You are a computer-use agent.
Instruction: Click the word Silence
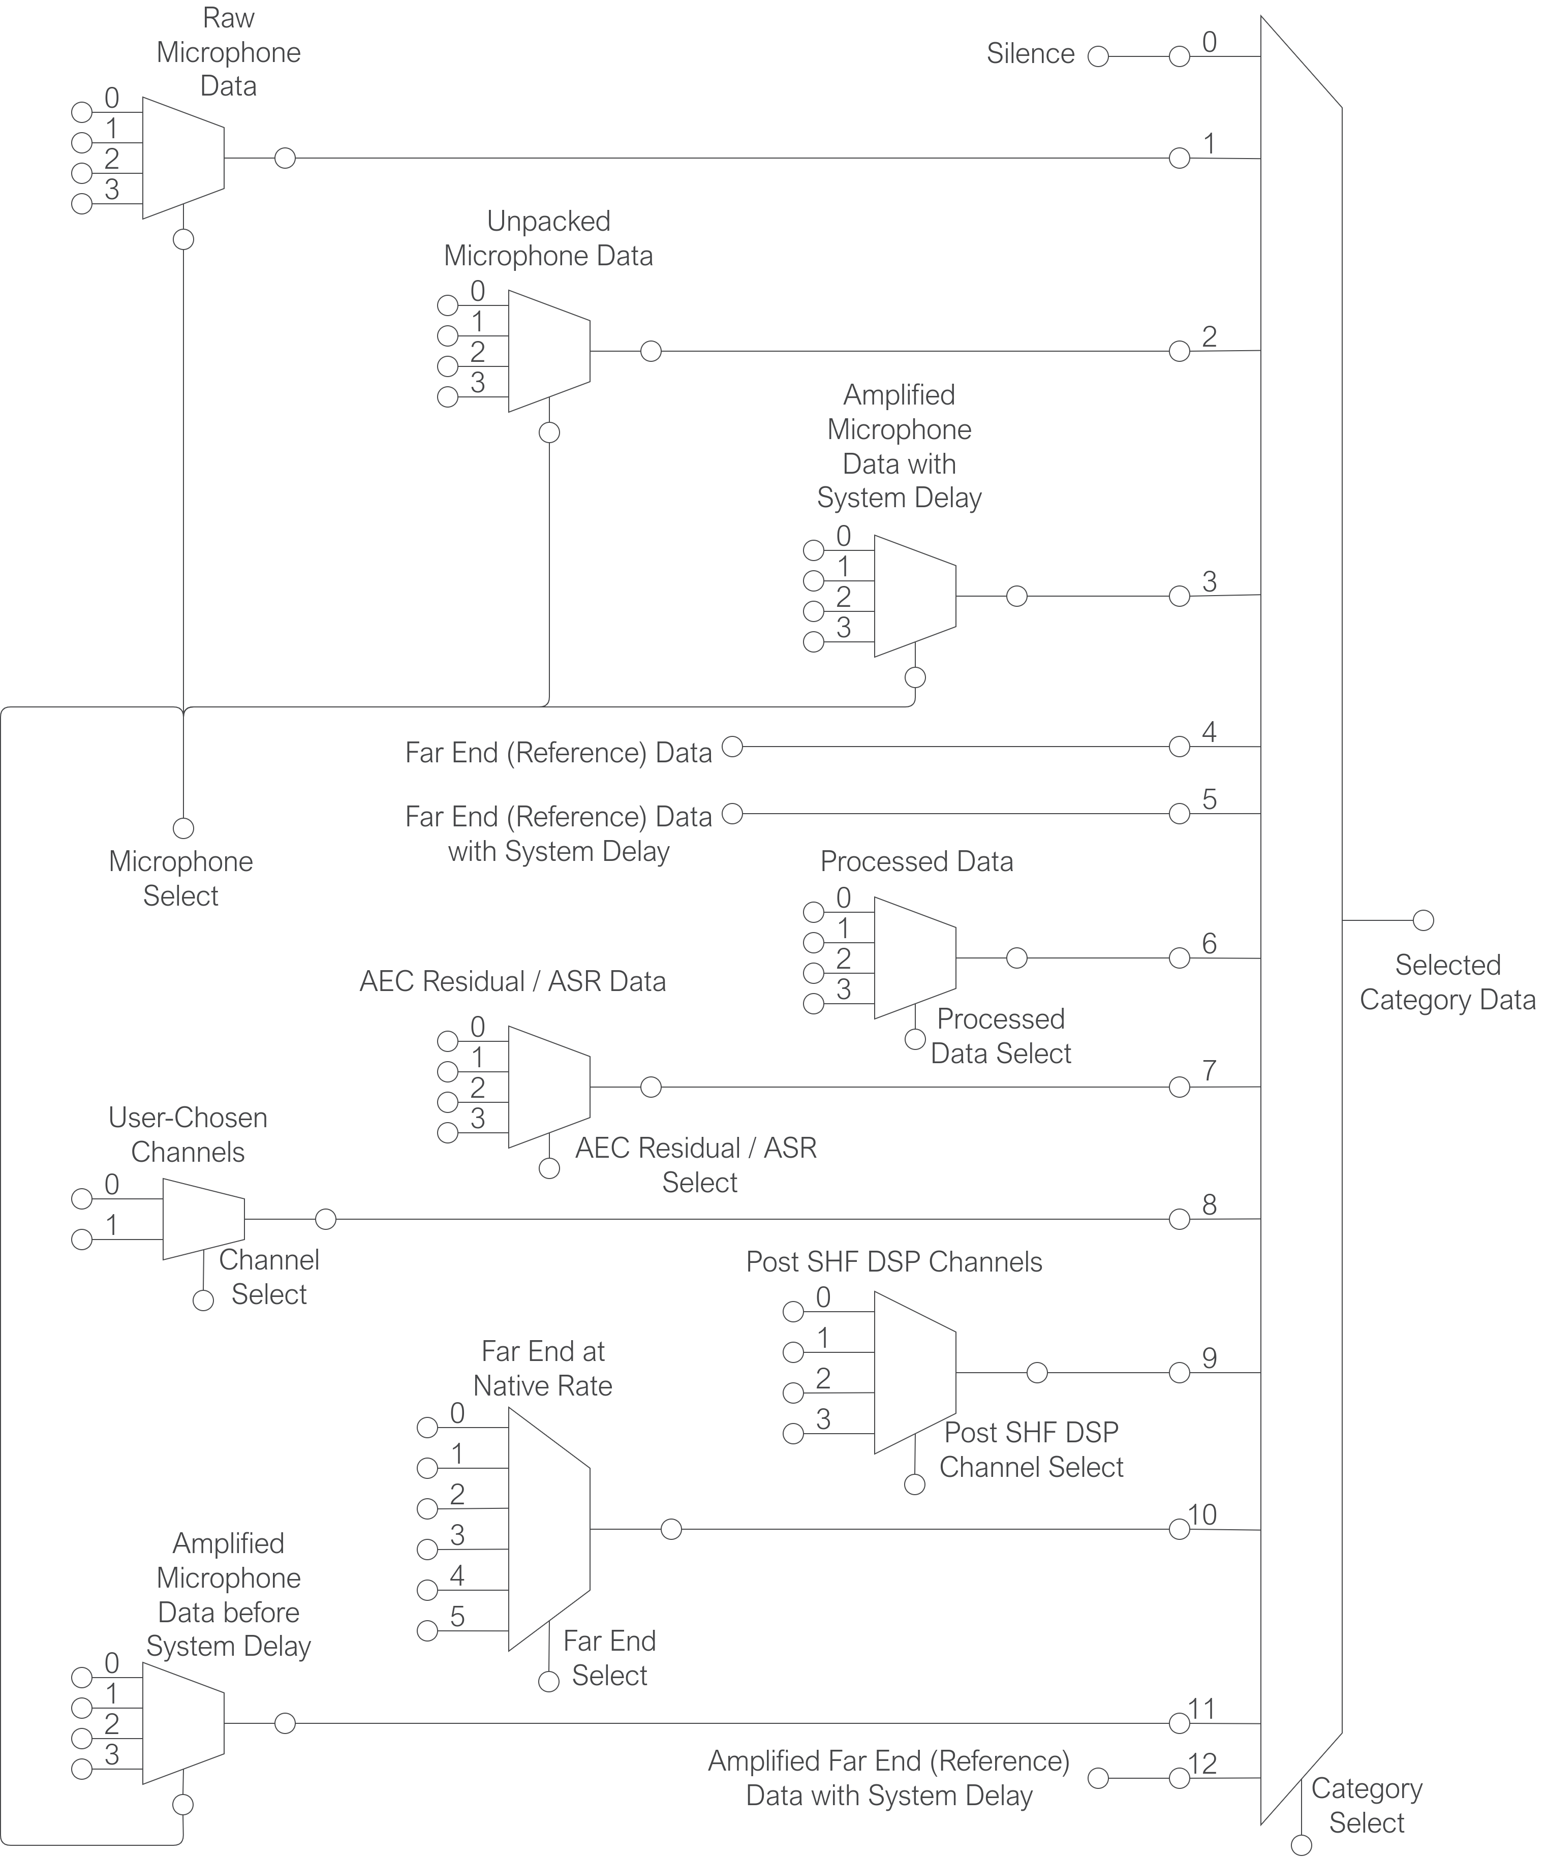1030,54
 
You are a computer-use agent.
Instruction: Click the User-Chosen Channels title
188,1134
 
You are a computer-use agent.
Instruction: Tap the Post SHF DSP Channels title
893,1262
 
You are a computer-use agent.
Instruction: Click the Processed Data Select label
1000,1036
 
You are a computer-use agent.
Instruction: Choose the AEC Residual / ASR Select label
697,1165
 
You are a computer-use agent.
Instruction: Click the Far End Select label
609,1658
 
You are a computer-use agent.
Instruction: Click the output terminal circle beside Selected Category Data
1423,920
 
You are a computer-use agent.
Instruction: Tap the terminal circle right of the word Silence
1098,56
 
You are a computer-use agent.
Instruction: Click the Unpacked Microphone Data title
548,238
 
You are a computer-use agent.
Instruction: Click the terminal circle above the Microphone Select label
183,828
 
